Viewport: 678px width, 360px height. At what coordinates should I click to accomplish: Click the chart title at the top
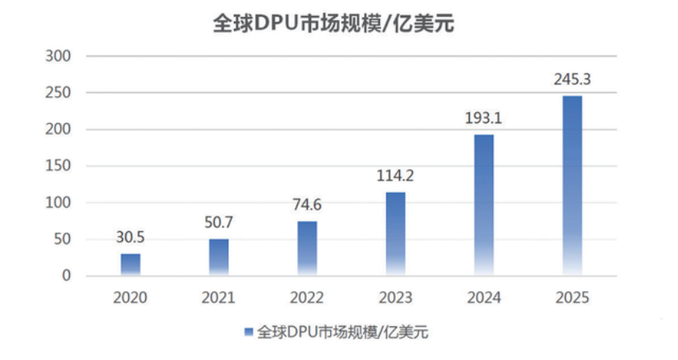point(333,23)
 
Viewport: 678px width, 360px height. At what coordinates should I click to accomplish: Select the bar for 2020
point(131,265)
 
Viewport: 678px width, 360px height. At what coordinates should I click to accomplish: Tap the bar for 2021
point(219,257)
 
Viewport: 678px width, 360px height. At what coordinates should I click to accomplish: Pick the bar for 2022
point(307,249)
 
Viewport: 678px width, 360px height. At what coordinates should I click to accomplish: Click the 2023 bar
point(396,233)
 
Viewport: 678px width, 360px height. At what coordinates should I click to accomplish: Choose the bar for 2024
point(484,205)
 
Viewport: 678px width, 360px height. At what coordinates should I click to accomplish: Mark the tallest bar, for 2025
point(572,186)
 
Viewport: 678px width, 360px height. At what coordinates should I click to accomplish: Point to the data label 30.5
point(130,237)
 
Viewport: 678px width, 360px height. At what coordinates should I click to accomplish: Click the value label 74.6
point(307,204)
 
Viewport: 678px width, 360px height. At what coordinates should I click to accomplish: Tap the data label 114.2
point(395,176)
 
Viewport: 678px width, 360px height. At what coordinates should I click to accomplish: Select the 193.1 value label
point(483,118)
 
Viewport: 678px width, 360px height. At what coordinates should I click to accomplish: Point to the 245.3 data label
point(572,79)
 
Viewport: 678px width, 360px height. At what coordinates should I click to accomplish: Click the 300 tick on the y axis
point(58,56)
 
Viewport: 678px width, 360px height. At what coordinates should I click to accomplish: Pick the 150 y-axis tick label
point(58,165)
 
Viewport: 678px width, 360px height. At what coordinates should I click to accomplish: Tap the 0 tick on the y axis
point(67,275)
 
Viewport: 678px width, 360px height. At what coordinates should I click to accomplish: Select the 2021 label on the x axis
point(218,297)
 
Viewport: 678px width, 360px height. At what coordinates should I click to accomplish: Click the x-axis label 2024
point(484,297)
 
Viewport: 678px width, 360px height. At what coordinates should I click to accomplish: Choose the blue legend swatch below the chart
point(248,332)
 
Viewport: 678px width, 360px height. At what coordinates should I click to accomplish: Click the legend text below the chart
point(342,332)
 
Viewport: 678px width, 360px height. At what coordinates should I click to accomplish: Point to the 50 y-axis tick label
point(63,239)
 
